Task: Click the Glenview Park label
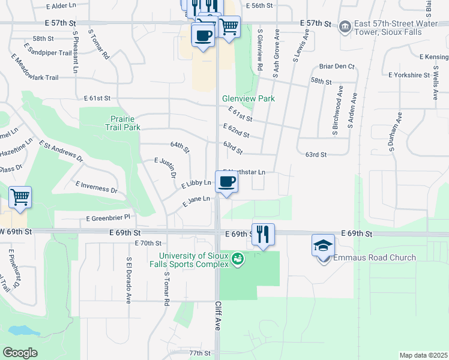click(x=248, y=98)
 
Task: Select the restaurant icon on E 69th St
click(x=263, y=234)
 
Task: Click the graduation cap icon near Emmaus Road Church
click(x=323, y=245)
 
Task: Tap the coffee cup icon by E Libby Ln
click(x=226, y=182)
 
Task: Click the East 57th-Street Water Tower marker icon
click(x=345, y=26)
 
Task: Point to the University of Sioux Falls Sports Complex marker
click(x=238, y=259)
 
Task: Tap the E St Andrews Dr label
click(x=61, y=152)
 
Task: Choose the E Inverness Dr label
click(x=96, y=186)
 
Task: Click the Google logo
click(x=20, y=353)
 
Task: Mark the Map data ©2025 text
click(x=423, y=355)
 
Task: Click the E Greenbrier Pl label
click(x=108, y=219)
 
